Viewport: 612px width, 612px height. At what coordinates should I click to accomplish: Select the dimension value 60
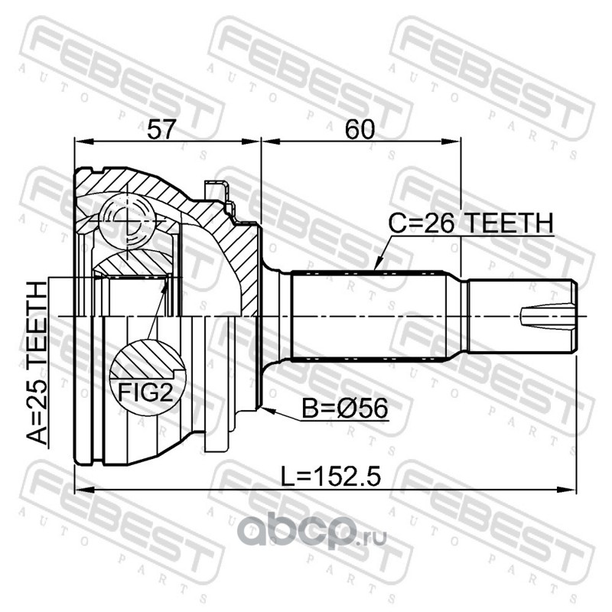click(x=360, y=129)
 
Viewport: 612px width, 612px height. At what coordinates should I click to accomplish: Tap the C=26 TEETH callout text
click(x=470, y=223)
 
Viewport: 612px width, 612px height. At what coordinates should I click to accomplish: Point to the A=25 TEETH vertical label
click(x=37, y=362)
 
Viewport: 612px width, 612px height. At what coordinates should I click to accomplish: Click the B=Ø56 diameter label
click(x=345, y=409)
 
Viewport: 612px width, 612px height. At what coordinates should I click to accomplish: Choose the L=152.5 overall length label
click(x=331, y=477)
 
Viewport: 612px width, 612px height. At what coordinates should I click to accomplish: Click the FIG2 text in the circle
click(x=145, y=392)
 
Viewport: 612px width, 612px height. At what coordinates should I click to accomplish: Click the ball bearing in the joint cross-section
click(x=127, y=222)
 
